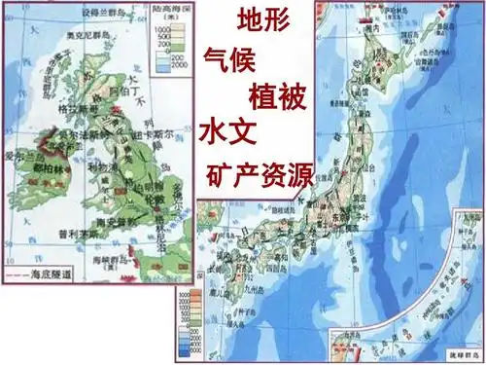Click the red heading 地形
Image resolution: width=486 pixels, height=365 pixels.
[262, 20]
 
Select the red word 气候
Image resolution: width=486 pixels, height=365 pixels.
[229, 57]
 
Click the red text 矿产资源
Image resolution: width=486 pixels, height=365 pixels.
[260, 176]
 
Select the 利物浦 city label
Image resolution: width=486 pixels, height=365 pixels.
[97, 168]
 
